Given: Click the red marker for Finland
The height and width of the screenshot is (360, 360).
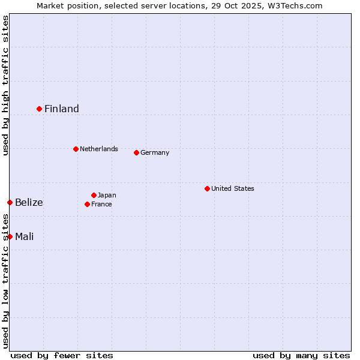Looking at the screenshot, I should click(x=40, y=109).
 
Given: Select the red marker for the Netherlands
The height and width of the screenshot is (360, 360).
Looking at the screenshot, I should click(x=76, y=149).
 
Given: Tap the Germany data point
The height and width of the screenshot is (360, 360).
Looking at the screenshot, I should click(x=136, y=152).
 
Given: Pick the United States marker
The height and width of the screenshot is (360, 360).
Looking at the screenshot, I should click(x=207, y=188).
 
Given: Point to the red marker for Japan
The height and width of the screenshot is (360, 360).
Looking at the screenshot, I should click(x=94, y=195).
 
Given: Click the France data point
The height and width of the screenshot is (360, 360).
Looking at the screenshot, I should click(x=87, y=204).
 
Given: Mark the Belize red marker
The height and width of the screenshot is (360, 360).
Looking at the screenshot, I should click(x=10, y=202).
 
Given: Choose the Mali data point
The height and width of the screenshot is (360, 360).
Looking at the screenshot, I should click(x=10, y=236).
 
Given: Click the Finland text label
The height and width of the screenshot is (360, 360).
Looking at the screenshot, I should click(x=62, y=109).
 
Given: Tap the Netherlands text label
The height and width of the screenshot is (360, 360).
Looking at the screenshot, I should click(x=99, y=149).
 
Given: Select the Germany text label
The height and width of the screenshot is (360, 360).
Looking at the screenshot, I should click(x=155, y=152).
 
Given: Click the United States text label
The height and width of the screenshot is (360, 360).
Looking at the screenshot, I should click(x=233, y=188).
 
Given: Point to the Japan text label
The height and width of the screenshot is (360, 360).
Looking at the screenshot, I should click(x=107, y=195).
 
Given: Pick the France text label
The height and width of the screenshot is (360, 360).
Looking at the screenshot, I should click(x=101, y=204).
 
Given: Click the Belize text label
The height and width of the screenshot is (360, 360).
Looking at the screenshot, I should click(x=29, y=202).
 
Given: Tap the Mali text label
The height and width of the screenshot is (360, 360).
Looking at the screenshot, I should click(x=25, y=236).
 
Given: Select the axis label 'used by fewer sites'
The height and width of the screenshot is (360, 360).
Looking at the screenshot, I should click(x=62, y=355).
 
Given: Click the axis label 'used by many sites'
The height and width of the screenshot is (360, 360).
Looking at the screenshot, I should click(x=301, y=355).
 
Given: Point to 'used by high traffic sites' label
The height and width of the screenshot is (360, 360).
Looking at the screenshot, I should click(x=5, y=85).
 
